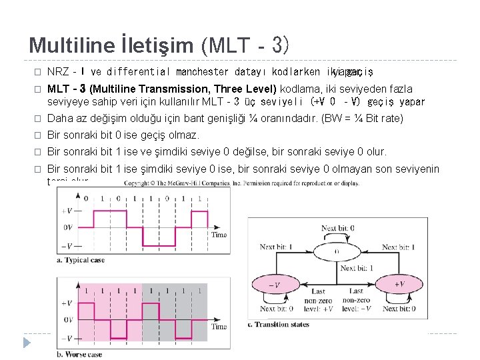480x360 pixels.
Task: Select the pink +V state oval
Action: click(399, 285)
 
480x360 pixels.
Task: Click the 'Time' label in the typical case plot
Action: click(218, 235)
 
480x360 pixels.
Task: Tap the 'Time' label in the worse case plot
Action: click(218, 327)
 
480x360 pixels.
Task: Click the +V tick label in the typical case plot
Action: click(67, 211)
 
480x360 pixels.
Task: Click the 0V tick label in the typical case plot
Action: click(67, 227)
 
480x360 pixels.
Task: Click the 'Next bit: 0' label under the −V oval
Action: click(277, 309)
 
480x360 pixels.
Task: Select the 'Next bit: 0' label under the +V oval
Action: click(398, 309)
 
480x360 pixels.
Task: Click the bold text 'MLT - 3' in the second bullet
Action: click(68, 89)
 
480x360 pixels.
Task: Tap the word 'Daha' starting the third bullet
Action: click(61, 119)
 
